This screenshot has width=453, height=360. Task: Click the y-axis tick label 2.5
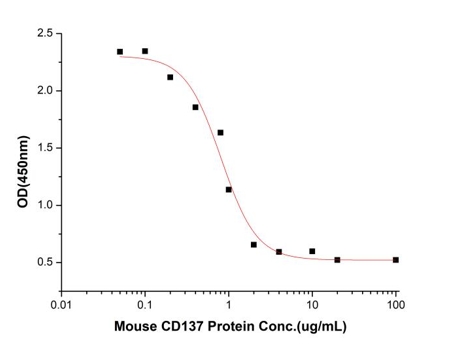pos(43,33)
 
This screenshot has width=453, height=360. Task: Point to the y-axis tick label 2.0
pos(43,91)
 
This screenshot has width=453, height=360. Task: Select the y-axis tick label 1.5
pos(43,148)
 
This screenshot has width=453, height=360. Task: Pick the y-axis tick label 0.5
pos(43,263)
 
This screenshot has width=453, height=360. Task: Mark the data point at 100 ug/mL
pos(396,260)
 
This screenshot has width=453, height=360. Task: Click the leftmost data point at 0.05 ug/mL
pos(120,52)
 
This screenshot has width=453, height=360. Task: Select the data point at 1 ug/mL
pos(229,189)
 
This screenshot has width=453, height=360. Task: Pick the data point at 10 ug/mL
pos(312,251)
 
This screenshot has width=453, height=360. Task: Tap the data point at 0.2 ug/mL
pos(170,77)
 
